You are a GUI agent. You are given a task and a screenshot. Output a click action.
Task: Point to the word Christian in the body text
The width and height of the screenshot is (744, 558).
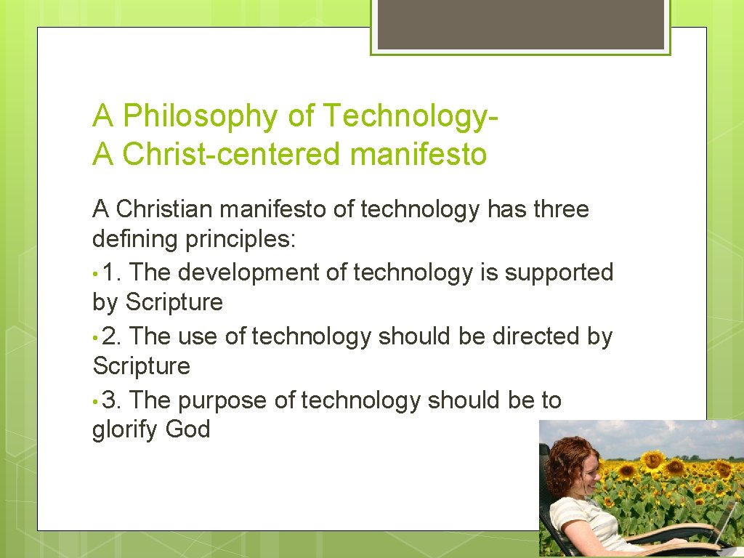(x=164, y=209)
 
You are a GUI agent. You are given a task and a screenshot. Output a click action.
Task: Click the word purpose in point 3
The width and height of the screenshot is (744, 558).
(x=222, y=401)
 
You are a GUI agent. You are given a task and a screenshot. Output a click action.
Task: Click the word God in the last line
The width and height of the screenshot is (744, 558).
(x=187, y=429)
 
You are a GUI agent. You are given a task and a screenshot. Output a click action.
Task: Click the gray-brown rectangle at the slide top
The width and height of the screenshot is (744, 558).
(x=521, y=25)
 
